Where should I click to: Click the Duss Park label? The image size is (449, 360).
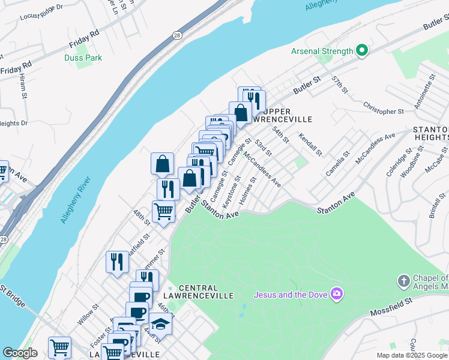tap(83, 58)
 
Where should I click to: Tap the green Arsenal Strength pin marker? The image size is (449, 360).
tap(361, 51)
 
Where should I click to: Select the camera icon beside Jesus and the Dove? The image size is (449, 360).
tap(337, 294)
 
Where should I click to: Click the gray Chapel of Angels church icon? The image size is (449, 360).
tap(404, 281)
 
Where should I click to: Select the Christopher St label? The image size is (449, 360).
tap(383, 107)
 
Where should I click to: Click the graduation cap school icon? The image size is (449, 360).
tap(161, 325)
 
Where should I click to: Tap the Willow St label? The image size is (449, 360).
tap(87, 316)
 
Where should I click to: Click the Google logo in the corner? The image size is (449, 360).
tap(20, 353)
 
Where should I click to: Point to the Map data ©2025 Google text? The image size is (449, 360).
tap(412, 355)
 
